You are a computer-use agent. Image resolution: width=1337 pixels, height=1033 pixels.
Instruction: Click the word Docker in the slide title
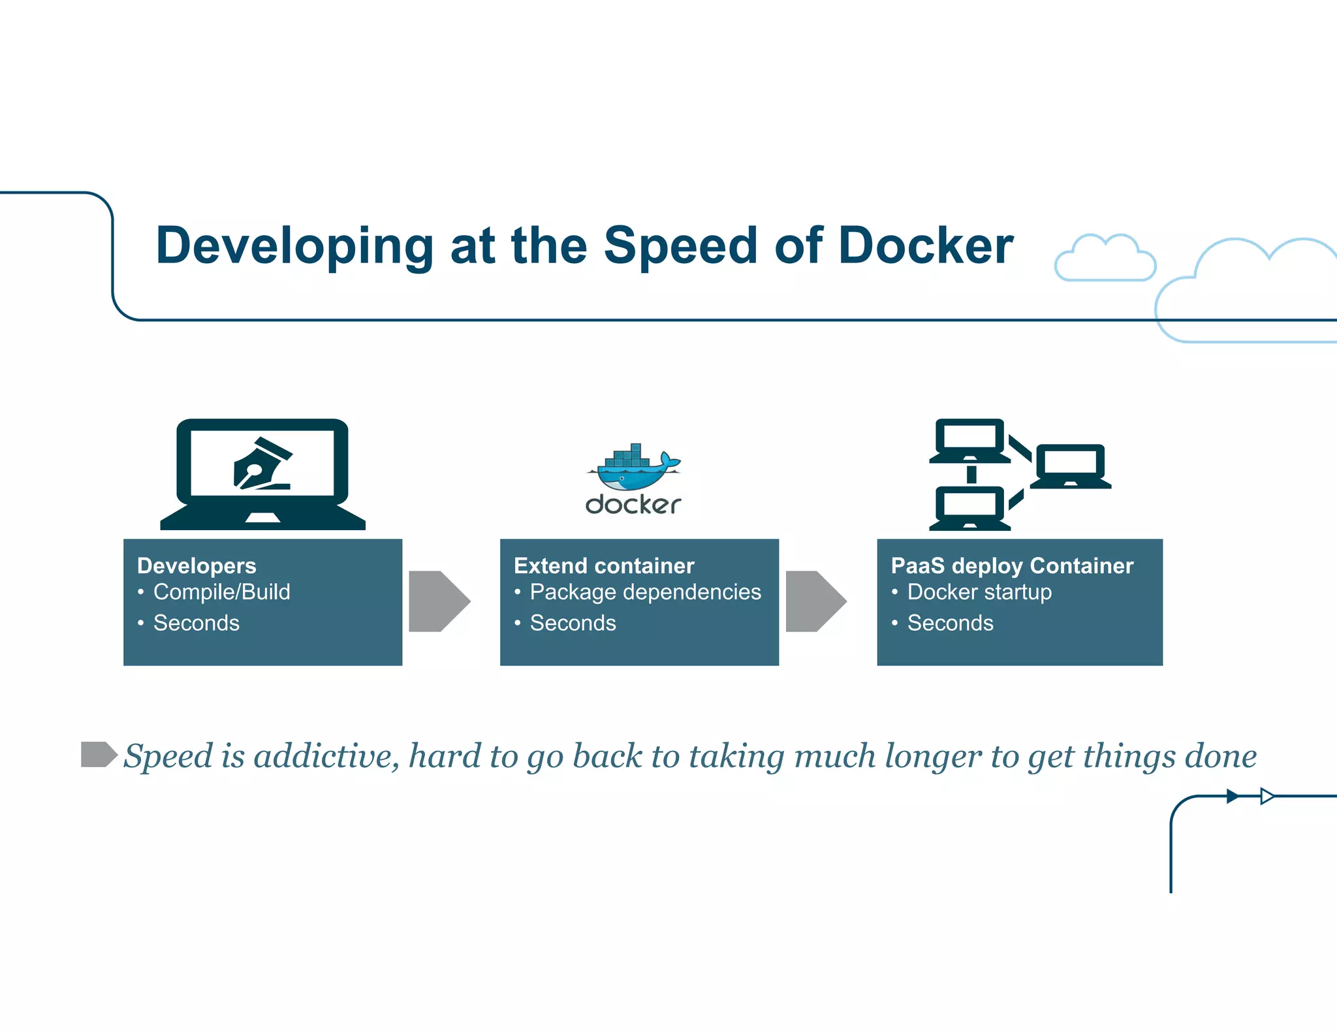point(925,246)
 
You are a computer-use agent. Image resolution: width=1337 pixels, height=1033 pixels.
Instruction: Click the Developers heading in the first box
point(197,565)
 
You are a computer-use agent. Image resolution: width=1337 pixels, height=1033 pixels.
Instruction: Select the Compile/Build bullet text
point(221,592)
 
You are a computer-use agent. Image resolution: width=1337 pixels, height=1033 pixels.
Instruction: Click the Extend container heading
point(604,565)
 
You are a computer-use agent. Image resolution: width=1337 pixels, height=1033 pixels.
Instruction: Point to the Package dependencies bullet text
point(645,592)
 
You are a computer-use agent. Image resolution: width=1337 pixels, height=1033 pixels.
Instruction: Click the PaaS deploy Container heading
point(1012,565)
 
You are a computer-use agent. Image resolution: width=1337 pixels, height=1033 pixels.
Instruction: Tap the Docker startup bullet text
point(979,592)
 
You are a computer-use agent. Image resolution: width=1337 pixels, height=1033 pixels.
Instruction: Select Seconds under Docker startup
point(950,623)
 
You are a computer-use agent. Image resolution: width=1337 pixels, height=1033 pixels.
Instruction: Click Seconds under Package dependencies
point(573,623)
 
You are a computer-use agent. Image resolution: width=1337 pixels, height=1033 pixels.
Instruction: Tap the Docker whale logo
point(633,470)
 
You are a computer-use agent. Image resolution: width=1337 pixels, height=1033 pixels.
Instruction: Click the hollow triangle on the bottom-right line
point(1266,796)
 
